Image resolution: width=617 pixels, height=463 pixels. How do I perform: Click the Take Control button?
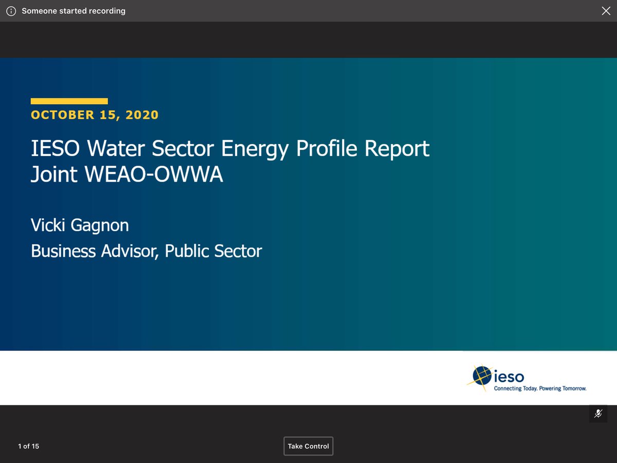[x=308, y=446]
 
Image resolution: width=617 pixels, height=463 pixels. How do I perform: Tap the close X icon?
[x=606, y=11]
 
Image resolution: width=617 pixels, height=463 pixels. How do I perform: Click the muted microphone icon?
[x=598, y=414]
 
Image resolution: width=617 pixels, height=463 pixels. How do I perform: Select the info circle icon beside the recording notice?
[x=11, y=11]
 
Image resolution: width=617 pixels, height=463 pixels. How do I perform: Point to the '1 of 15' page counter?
[x=28, y=446]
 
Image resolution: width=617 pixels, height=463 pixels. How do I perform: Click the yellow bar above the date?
[x=69, y=101]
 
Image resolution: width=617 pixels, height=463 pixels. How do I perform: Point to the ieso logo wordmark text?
[x=509, y=377]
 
